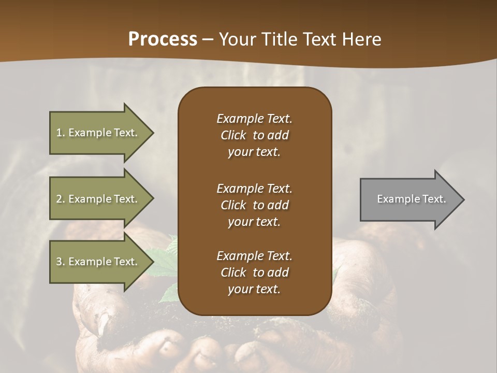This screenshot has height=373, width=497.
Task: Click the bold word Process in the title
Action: pyautogui.click(x=163, y=39)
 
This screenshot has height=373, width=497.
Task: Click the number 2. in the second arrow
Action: pyautogui.click(x=61, y=199)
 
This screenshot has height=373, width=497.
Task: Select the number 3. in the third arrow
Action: pyautogui.click(x=61, y=262)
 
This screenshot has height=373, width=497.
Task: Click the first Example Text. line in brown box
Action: pyautogui.click(x=254, y=119)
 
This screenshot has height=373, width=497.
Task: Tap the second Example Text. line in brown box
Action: pyautogui.click(x=254, y=189)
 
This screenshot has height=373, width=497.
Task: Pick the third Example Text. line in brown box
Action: pyautogui.click(x=254, y=256)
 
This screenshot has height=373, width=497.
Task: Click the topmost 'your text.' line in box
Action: pyautogui.click(x=254, y=152)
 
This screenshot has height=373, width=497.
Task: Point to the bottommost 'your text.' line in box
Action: pyautogui.click(x=254, y=290)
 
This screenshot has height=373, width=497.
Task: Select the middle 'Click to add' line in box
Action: pyautogui.click(x=254, y=205)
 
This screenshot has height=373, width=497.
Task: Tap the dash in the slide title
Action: pyautogui.click(x=208, y=39)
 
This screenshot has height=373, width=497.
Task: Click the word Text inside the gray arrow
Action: pyautogui.click(x=433, y=199)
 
